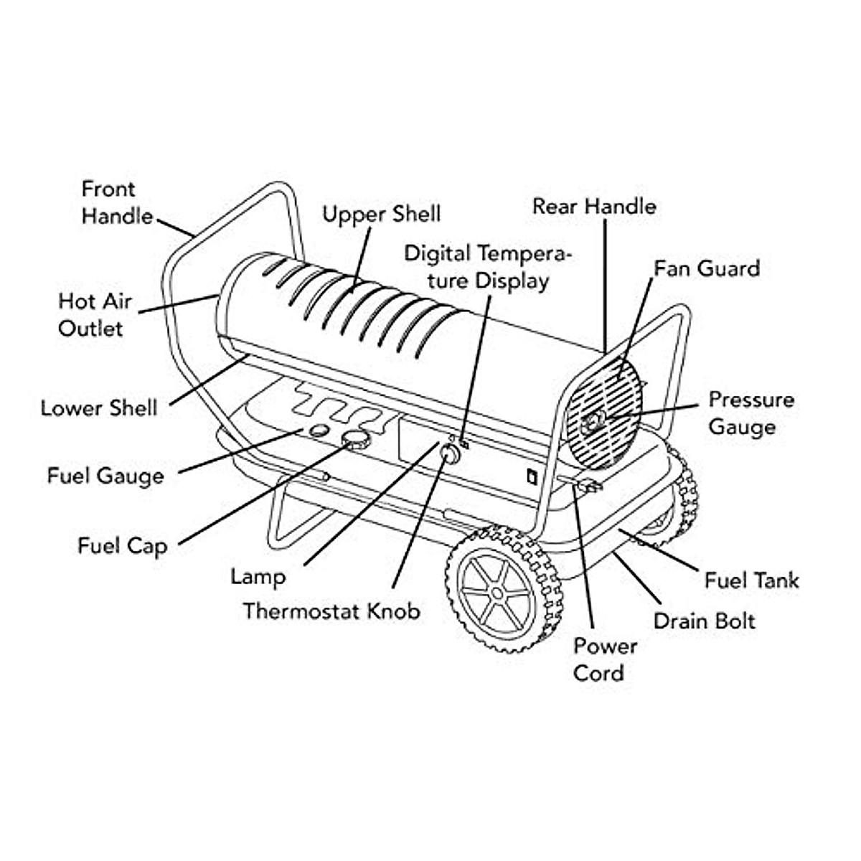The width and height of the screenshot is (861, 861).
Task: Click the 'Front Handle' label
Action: point(117,202)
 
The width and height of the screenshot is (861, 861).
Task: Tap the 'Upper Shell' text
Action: point(381,215)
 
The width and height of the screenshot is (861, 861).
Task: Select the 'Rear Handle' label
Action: point(594,207)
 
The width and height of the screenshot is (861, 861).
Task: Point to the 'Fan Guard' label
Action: point(707,268)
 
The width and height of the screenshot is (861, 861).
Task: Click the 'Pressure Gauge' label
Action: point(751,413)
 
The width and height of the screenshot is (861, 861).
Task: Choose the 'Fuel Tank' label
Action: point(752,580)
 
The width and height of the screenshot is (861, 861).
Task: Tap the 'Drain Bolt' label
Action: point(704,621)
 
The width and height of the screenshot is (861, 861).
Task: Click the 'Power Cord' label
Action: point(605,659)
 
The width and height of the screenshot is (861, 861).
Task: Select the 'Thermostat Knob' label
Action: point(331,611)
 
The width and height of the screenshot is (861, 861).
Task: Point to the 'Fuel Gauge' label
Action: point(105,476)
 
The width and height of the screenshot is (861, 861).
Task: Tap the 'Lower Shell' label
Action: point(99,408)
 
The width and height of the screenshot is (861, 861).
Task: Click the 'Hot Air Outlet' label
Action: point(95,315)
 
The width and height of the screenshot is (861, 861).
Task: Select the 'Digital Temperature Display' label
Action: point(488,267)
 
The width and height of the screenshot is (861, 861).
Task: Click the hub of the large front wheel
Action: point(497,594)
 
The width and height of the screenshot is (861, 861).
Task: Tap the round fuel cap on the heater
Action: point(356,439)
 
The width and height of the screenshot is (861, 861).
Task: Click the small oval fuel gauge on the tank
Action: point(319,430)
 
